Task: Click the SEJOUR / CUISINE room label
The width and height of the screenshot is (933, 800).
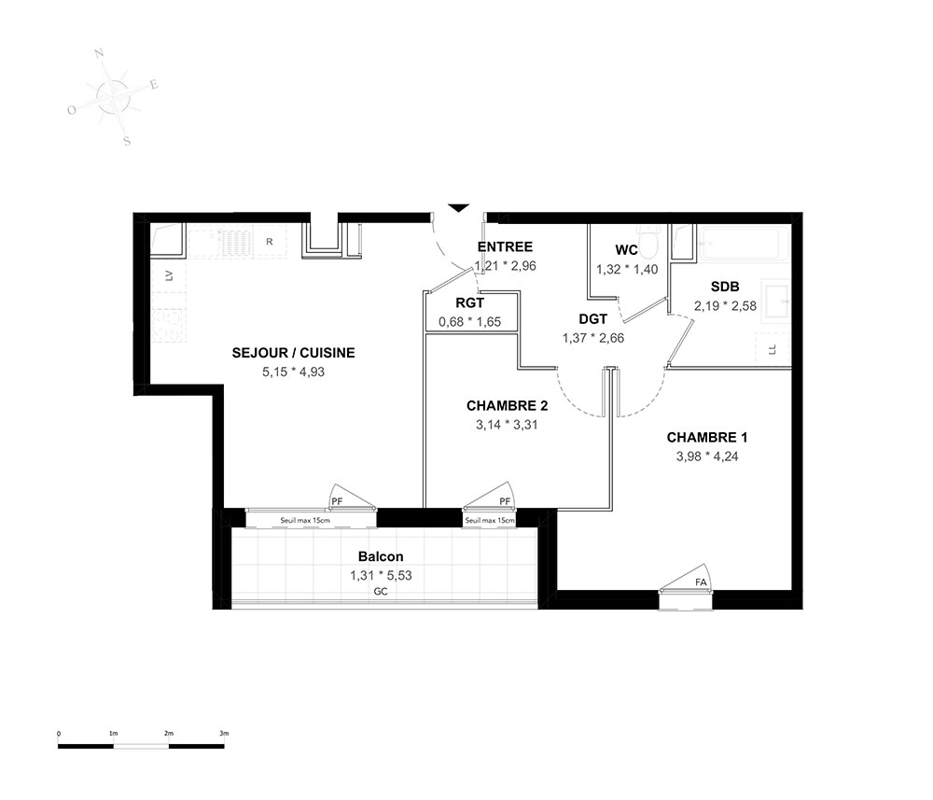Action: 293,353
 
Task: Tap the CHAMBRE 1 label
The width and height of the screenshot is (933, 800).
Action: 707,438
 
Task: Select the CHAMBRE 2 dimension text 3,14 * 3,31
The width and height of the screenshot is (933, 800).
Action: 507,425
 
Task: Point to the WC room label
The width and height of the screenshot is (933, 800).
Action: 627,250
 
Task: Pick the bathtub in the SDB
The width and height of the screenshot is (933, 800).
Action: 744,243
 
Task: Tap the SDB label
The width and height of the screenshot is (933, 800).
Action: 725,287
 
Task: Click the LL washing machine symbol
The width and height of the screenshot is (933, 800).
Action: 773,349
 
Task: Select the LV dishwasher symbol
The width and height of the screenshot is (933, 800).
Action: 169,275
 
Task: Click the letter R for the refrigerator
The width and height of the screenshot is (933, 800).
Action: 270,242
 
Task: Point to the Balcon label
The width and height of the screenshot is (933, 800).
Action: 381,556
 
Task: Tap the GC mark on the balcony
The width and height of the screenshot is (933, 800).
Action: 381,592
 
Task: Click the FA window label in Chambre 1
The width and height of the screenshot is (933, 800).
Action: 701,582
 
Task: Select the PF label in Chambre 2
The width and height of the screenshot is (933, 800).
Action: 505,501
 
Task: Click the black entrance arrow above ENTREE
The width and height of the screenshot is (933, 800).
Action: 458,208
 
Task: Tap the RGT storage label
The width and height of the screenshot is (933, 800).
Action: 470,303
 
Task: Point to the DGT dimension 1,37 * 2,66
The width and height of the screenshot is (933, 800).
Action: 593,338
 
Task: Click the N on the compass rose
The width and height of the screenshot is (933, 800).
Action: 100,54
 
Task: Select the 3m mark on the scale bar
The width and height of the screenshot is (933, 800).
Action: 224,734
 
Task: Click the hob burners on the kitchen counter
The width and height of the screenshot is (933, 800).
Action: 168,326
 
